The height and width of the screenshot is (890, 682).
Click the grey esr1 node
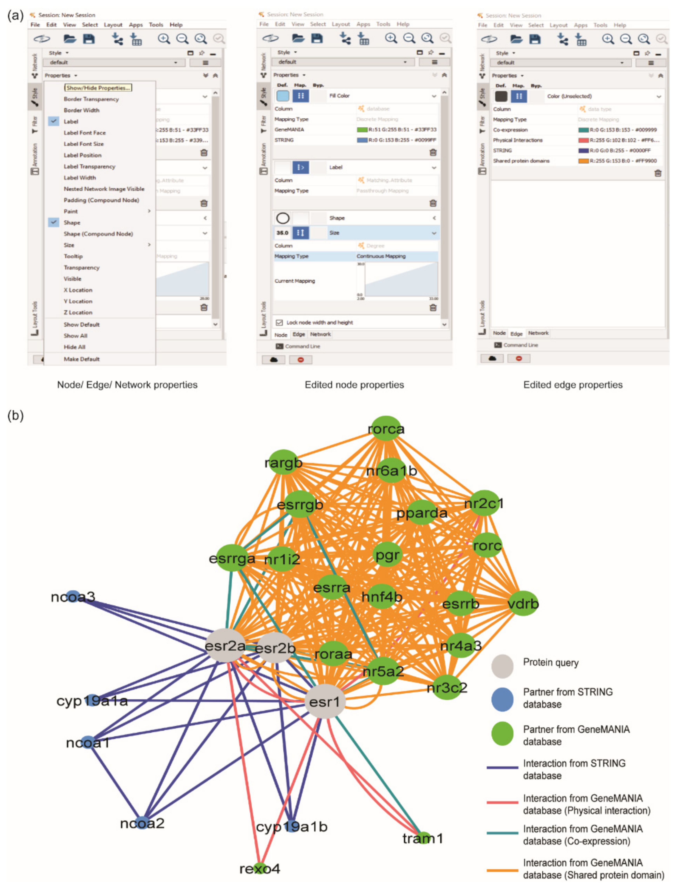click(x=324, y=701)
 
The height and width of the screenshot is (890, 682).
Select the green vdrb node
click(x=523, y=603)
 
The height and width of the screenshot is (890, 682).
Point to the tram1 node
click(x=422, y=838)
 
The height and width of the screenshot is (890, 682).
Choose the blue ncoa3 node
click(x=73, y=596)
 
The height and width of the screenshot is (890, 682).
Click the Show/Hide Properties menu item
click(x=98, y=88)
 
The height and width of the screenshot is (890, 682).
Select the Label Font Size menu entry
click(x=84, y=144)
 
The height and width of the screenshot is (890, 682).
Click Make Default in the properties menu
click(x=82, y=359)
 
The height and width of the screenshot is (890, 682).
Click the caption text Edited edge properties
click(x=572, y=385)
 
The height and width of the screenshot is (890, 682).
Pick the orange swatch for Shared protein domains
click(x=583, y=161)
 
